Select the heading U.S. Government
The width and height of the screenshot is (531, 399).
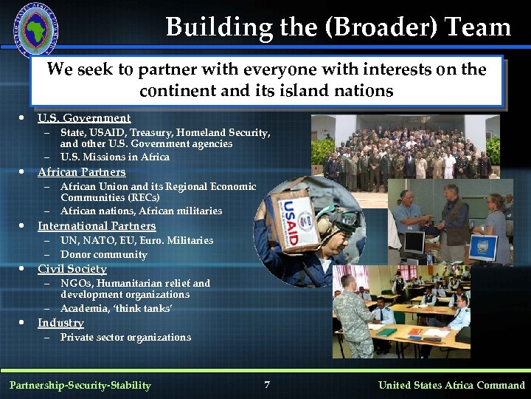coord(84,118)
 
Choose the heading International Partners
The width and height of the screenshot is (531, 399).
coord(97,226)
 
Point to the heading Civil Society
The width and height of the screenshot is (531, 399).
coord(72,269)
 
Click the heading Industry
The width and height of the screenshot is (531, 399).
coord(60,323)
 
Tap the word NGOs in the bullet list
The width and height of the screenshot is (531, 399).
coord(75,283)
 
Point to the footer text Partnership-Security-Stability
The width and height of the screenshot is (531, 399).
coord(80,385)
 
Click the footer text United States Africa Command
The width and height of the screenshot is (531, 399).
coord(451,385)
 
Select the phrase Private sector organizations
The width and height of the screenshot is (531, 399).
coord(125,338)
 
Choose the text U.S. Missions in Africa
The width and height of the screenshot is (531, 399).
coord(115,157)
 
